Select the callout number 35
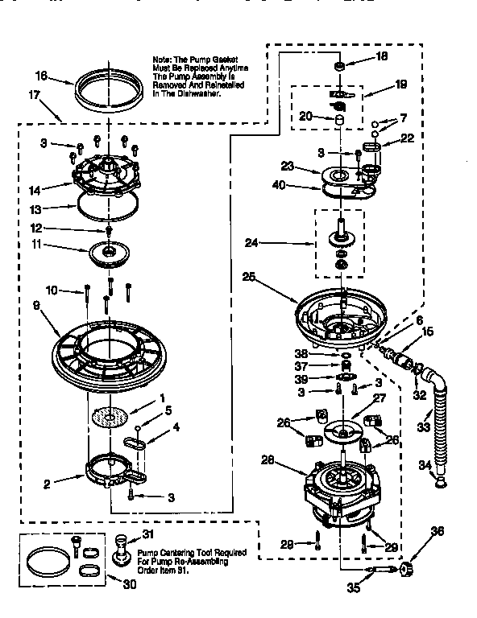click(352, 587)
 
